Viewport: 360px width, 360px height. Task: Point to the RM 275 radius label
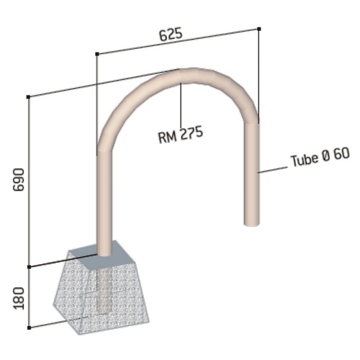(180, 133)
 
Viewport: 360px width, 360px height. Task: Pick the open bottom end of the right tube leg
(250, 223)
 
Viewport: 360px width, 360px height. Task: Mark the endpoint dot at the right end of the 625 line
(258, 28)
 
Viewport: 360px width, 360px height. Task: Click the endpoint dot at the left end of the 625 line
(96, 53)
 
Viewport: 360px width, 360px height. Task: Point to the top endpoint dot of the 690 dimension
(28, 95)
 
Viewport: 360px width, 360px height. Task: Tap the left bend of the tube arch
(115, 115)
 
